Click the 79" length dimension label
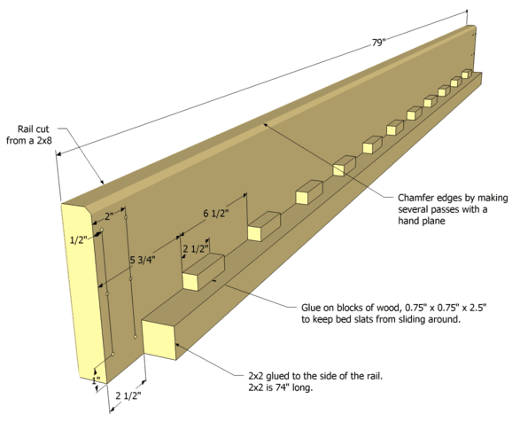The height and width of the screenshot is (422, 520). click(x=379, y=43)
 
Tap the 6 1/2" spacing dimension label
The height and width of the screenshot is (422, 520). click(x=216, y=214)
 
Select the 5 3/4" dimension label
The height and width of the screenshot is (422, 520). click(x=143, y=260)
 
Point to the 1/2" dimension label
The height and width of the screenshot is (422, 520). click(x=79, y=239)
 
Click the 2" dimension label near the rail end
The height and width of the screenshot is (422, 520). click(x=109, y=216)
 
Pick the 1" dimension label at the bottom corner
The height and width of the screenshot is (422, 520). click(x=96, y=380)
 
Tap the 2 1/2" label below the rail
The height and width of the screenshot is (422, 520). click(x=128, y=395)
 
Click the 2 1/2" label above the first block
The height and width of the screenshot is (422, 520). click(x=196, y=248)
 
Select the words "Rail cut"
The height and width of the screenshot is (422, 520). click(x=33, y=129)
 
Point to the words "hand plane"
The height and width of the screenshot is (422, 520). click(x=422, y=221)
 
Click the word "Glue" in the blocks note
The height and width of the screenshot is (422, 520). click(x=310, y=308)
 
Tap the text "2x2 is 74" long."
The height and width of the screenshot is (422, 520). click(x=281, y=387)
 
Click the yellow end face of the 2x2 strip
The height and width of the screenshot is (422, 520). click(x=159, y=340)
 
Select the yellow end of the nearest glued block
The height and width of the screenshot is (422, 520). click(x=190, y=282)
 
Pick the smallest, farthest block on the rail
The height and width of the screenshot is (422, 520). click(x=467, y=74)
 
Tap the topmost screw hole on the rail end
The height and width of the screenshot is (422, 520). click(x=126, y=217)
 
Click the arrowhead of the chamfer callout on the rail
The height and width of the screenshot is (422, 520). click(x=265, y=126)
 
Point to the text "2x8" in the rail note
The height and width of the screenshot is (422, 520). click(x=44, y=140)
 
